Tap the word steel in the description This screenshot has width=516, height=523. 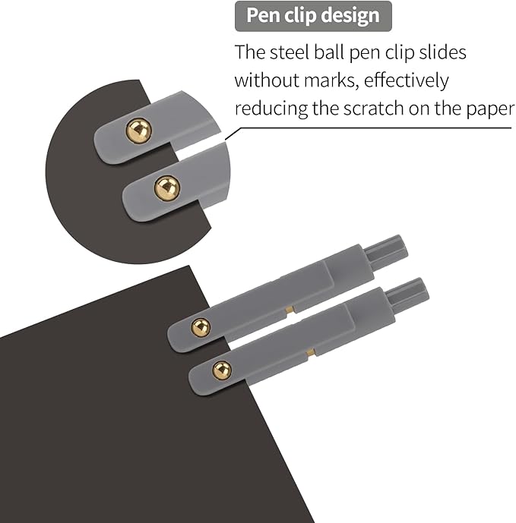pos(290,52)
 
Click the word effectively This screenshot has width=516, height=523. pos(406,81)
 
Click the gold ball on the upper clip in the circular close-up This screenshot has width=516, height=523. pos(138,131)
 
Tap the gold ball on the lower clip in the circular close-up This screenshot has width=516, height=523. pos(167,188)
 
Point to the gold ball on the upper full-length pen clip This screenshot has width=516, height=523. pos(201,327)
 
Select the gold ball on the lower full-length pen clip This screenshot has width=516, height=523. pos(222,370)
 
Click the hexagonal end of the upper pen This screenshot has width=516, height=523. pos(386,252)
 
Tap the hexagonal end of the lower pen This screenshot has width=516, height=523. pos(407,295)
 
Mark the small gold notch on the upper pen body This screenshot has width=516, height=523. pos(290,310)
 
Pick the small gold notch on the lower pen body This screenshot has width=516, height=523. pos(312,352)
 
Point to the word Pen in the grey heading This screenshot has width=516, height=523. pos(263,16)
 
